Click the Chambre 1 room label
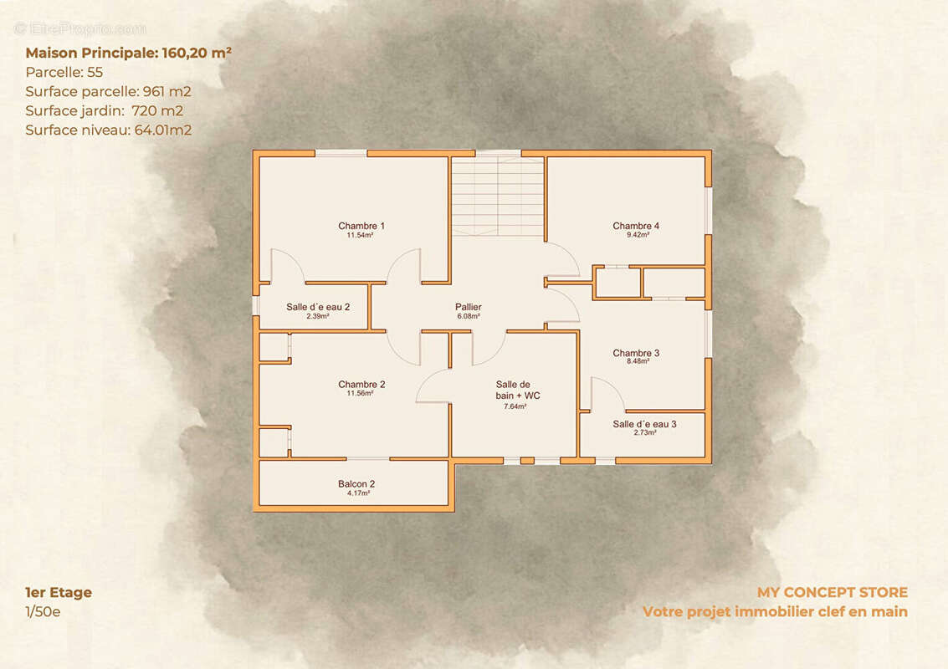click(x=361, y=226)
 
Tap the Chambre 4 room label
click(x=636, y=226)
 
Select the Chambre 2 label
click(x=361, y=385)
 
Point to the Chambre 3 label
click(x=636, y=353)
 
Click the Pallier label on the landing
click(x=469, y=307)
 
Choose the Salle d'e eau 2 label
click(x=318, y=307)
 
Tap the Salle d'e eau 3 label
click(x=644, y=424)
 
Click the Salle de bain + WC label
click(x=518, y=390)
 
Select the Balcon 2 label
click(x=356, y=484)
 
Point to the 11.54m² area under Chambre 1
click(x=360, y=235)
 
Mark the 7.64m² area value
click(x=515, y=406)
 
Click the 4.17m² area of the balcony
click(x=358, y=493)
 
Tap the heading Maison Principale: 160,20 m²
click(x=128, y=54)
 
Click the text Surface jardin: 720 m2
click(x=104, y=111)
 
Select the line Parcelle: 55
click(x=64, y=73)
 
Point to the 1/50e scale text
click(x=43, y=611)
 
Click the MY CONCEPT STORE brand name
click(x=833, y=592)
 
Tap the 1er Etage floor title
click(x=59, y=592)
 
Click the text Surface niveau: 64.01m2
click(x=109, y=130)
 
